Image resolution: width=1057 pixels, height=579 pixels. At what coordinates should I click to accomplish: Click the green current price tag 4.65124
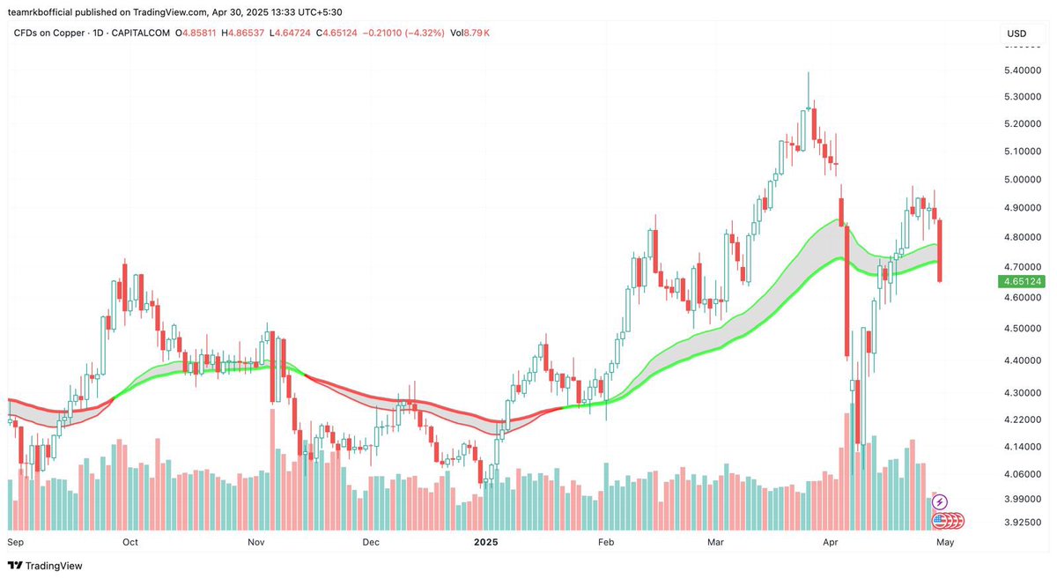1019,282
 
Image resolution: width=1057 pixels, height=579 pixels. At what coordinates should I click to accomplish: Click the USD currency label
1016,33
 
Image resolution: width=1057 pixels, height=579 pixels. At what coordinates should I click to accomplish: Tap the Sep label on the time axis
16,543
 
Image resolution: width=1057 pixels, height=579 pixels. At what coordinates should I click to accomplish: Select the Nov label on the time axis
256,543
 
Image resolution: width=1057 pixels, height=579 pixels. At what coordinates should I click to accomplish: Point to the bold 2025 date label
485,543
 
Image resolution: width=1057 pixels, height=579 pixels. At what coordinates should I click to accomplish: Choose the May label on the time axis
944,543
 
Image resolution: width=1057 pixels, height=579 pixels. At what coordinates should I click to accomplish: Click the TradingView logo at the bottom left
45,566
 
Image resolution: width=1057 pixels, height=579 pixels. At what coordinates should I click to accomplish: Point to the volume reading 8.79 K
478,33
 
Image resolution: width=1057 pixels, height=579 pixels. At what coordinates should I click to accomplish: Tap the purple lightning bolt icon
939,501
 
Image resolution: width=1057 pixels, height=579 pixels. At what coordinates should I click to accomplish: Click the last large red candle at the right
940,251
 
